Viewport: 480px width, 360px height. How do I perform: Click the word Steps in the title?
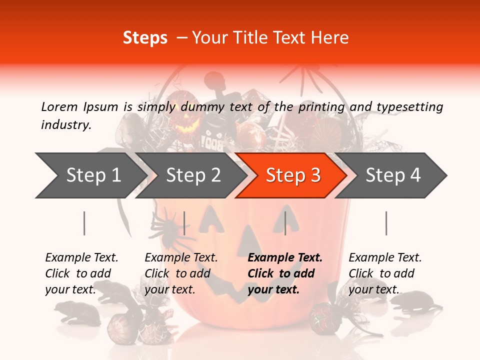click(145, 38)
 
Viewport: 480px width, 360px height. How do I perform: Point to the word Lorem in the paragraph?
click(59, 106)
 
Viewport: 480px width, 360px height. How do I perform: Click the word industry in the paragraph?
click(65, 124)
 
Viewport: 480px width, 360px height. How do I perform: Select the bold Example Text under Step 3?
click(285, 258)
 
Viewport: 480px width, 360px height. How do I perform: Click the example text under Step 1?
click(81, 273)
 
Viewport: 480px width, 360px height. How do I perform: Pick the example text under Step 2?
click(181, 273)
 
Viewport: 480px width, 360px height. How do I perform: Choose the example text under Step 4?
click(385, 273)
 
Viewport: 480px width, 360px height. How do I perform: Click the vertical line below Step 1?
click(84, 223)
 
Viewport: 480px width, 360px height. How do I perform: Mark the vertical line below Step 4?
click(386, 223)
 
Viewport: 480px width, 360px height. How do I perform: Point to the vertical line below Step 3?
click(285, 223)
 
